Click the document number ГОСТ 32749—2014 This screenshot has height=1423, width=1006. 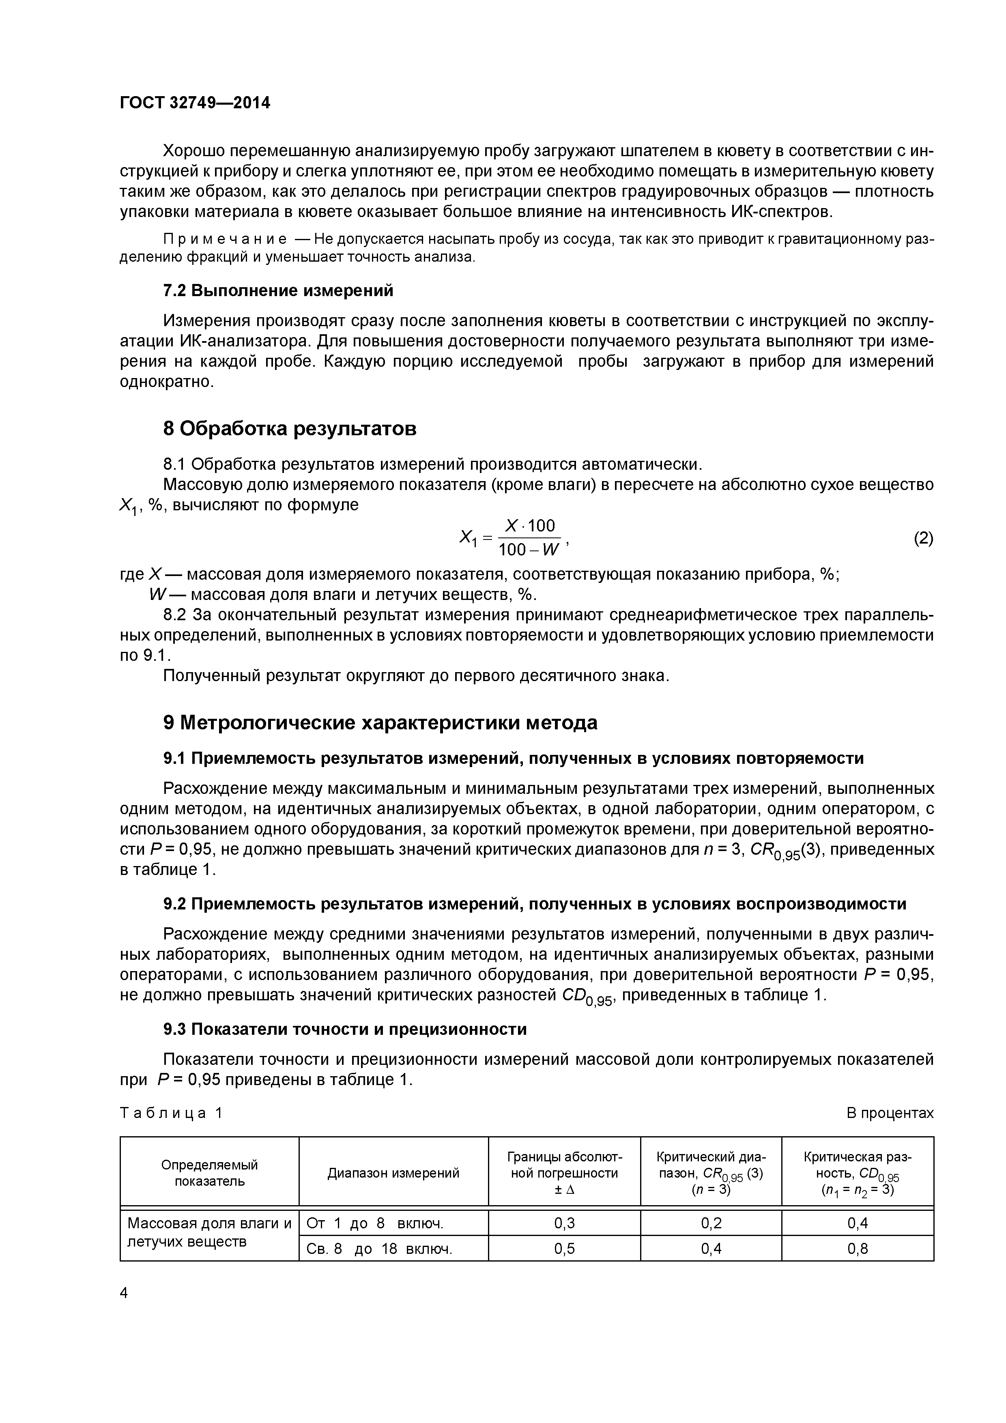(x=195, y=103)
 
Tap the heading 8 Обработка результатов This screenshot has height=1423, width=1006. (x=290, y=428)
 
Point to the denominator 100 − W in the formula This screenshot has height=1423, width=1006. (x=528, y=549)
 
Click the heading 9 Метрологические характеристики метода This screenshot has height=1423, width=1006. (x=380, y=723)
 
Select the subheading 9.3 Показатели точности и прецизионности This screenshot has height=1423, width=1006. (x=345, y=1030)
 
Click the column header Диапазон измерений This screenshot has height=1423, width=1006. (x=393, y=1173)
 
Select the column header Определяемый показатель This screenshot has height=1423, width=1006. (x=209, y=1173)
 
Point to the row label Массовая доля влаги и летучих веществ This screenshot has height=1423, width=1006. (x=209, y=1232)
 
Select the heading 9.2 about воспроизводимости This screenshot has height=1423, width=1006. (x=534, y=904)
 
